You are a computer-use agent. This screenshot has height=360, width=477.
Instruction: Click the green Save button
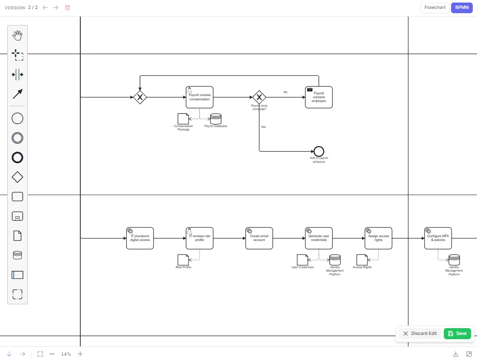[x=457, y=334]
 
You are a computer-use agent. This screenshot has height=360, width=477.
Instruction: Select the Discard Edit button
[x=420, y=334]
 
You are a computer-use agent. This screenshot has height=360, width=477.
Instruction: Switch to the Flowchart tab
[x=435, y=8]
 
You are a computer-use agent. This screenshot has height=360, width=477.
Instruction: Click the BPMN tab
[x=462, y=8]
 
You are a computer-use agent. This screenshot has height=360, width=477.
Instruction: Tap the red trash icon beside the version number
[x=68, y=8]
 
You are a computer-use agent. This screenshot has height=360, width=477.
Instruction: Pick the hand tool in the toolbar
[x=17, y=35]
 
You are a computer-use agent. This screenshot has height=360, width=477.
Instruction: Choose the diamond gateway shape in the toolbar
[x=17, y=177]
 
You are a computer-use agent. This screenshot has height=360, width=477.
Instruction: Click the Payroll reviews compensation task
[x=200, y=97]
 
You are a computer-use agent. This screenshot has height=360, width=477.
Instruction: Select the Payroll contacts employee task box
[x=319, y=97]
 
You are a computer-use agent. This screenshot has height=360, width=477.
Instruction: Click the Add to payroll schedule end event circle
[x=319, y=147]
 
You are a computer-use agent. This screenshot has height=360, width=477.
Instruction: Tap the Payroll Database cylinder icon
[x=216, y=119]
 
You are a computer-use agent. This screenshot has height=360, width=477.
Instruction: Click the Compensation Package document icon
[x=183, y=119]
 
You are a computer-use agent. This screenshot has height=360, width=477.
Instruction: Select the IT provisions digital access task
[x=140, y=238]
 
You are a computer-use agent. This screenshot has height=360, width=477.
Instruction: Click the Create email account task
[x=259, y=238]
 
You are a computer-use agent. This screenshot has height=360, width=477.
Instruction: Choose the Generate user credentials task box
[x=319, y=238]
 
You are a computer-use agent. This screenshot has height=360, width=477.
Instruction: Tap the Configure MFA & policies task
[x=438, y=238]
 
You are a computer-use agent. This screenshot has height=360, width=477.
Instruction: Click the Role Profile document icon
[x=183, y=260]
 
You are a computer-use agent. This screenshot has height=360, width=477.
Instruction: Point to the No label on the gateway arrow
[x=285, y=92]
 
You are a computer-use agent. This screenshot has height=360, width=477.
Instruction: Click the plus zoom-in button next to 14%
[x=80, y=354]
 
